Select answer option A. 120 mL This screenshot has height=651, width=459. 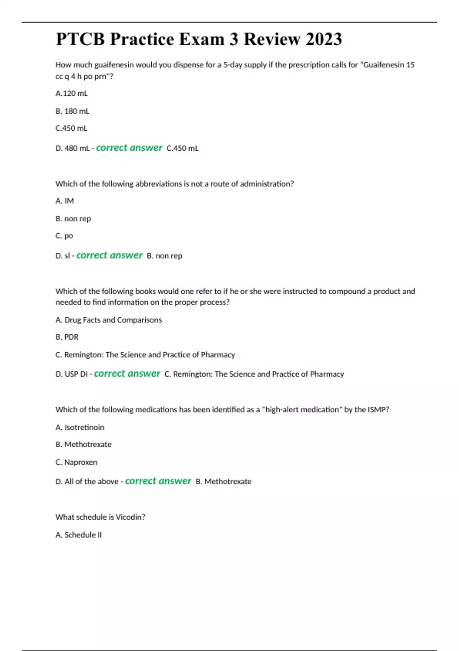72,93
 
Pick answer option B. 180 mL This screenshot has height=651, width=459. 72,111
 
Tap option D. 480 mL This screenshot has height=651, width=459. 72,148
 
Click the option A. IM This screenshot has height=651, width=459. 65,201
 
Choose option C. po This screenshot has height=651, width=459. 64,236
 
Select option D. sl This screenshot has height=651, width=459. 63,256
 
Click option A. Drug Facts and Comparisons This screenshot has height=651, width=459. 109,320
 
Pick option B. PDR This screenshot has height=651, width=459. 67,337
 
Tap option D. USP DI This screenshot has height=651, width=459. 72,374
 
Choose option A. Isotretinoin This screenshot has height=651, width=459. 80,427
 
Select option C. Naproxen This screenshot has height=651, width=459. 76,462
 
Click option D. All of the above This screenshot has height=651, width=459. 87,481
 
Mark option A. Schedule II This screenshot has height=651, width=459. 79,535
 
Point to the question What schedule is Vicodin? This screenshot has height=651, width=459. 100,517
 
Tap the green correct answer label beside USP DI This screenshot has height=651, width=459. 127,374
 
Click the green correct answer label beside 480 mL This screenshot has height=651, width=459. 129,148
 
